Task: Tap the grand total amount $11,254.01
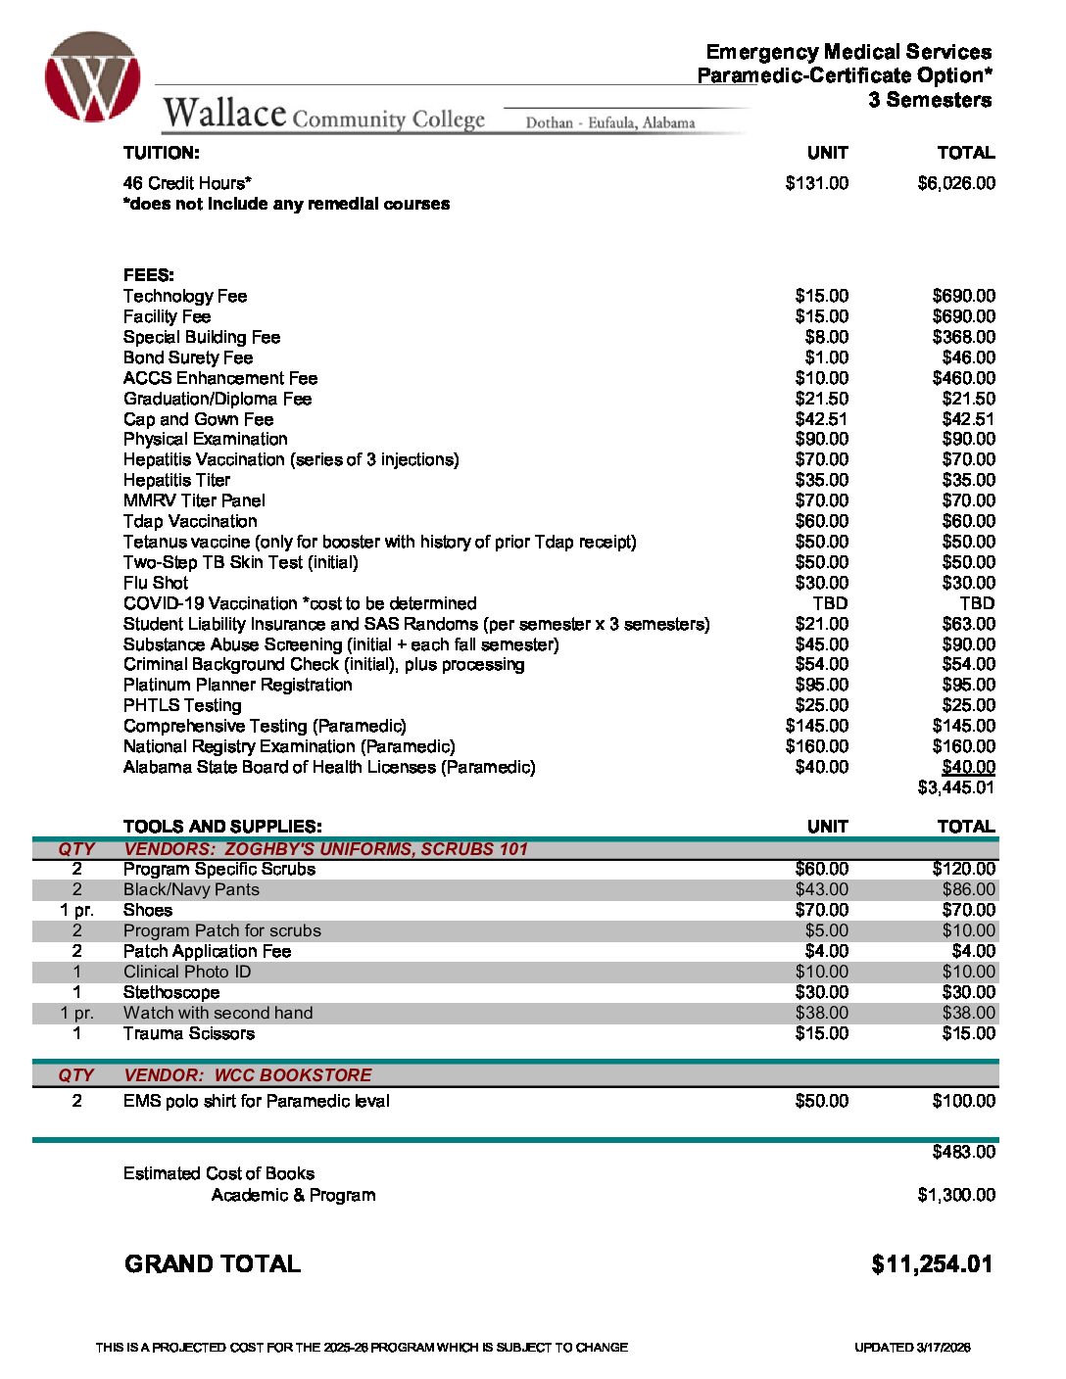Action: pyautogui.click(x=932, y=1264)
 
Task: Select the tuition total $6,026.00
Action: pyautogui.click(x=956, y=183)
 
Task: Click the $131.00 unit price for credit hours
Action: pyautogui.click(x=817, y=183)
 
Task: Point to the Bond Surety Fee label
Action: pyautogui.click(x=188, y=357)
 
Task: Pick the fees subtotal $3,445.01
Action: pyautogui.click(x=956, y=787)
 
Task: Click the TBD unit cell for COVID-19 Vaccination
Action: pyautogui.click(x=830, y=603)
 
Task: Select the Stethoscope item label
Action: pyautogui.click(x=171, y=992)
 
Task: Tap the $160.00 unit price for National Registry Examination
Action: pyautogui.click(x=817, y=746)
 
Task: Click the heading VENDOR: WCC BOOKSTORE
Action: pyautogui.click(x=248, y=1074)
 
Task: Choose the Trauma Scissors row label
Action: pyautogui.click(x=189, y=1033)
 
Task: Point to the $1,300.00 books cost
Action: pyautogui.click(x=956, y=1195)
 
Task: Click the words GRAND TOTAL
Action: pyautogui.click(x=213, y=1264)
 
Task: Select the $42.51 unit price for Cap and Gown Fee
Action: pyautogui.click(x=822, y=419)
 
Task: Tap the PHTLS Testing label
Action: pyautogui.click(x=182, y=705)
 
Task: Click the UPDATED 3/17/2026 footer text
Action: pyautogui.click(x=912, y=1348)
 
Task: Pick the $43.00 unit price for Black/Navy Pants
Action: pyautogui.click(x=822, y=889)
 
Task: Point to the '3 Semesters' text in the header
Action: pyautogui.click(x=930, y=100)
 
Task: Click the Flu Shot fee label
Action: pyautogui.click(x=156, y=583)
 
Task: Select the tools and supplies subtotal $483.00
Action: pyautogui.click(x=963, y=1152)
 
